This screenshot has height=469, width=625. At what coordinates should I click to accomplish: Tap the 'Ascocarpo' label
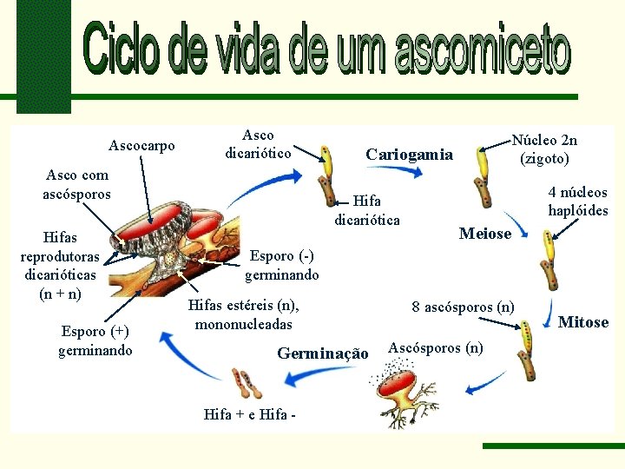click(141, 145)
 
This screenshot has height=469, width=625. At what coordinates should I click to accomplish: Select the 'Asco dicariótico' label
click(258, 144)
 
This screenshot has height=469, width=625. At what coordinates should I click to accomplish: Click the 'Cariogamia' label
click(409, 155)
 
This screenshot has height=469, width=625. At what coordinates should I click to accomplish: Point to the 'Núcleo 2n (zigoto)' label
click(544, 149)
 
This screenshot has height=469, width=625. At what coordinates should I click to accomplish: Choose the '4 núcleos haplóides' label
click(577, 201)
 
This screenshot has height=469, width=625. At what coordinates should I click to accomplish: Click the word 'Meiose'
click(485, 234)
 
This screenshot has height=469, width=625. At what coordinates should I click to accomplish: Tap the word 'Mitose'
click(583, 322)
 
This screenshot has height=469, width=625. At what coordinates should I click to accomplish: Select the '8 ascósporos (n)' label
click(463, 306)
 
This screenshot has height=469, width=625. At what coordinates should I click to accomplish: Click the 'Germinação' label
click(323, 353)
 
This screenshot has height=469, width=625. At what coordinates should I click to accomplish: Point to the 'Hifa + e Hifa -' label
click(249, 414)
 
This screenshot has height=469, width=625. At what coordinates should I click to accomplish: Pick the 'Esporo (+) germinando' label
click(95, 340)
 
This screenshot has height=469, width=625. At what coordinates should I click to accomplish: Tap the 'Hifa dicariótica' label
click(367, 210)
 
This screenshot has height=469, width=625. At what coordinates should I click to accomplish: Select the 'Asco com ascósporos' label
click(77, 184)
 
